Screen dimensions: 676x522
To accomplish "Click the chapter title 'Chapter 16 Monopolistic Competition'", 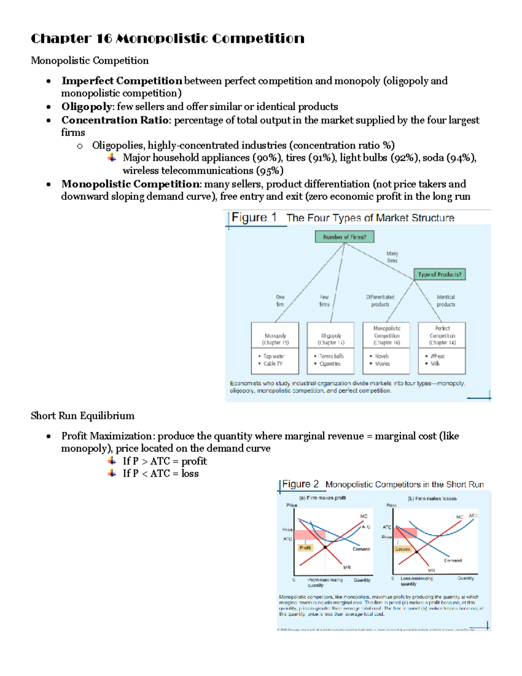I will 167,39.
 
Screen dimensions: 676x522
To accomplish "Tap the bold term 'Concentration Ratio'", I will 115,120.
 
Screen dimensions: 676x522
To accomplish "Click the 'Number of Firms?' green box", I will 344,237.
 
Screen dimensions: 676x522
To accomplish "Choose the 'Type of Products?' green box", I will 439,274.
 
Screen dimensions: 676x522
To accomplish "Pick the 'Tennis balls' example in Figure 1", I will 331,356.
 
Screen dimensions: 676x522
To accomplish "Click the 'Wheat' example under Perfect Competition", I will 437,356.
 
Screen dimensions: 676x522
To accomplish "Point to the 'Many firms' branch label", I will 392,257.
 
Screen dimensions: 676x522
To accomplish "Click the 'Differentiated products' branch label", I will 380,301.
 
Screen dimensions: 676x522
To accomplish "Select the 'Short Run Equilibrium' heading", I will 83,416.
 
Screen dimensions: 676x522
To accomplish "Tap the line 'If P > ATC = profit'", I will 164,461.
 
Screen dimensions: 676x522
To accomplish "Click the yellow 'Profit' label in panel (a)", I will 305,548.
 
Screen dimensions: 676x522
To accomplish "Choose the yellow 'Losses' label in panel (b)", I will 402,549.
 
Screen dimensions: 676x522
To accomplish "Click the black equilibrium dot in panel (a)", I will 325,547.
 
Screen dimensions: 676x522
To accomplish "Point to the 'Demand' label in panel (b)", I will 452,561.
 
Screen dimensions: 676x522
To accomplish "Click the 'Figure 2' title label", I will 300,484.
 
